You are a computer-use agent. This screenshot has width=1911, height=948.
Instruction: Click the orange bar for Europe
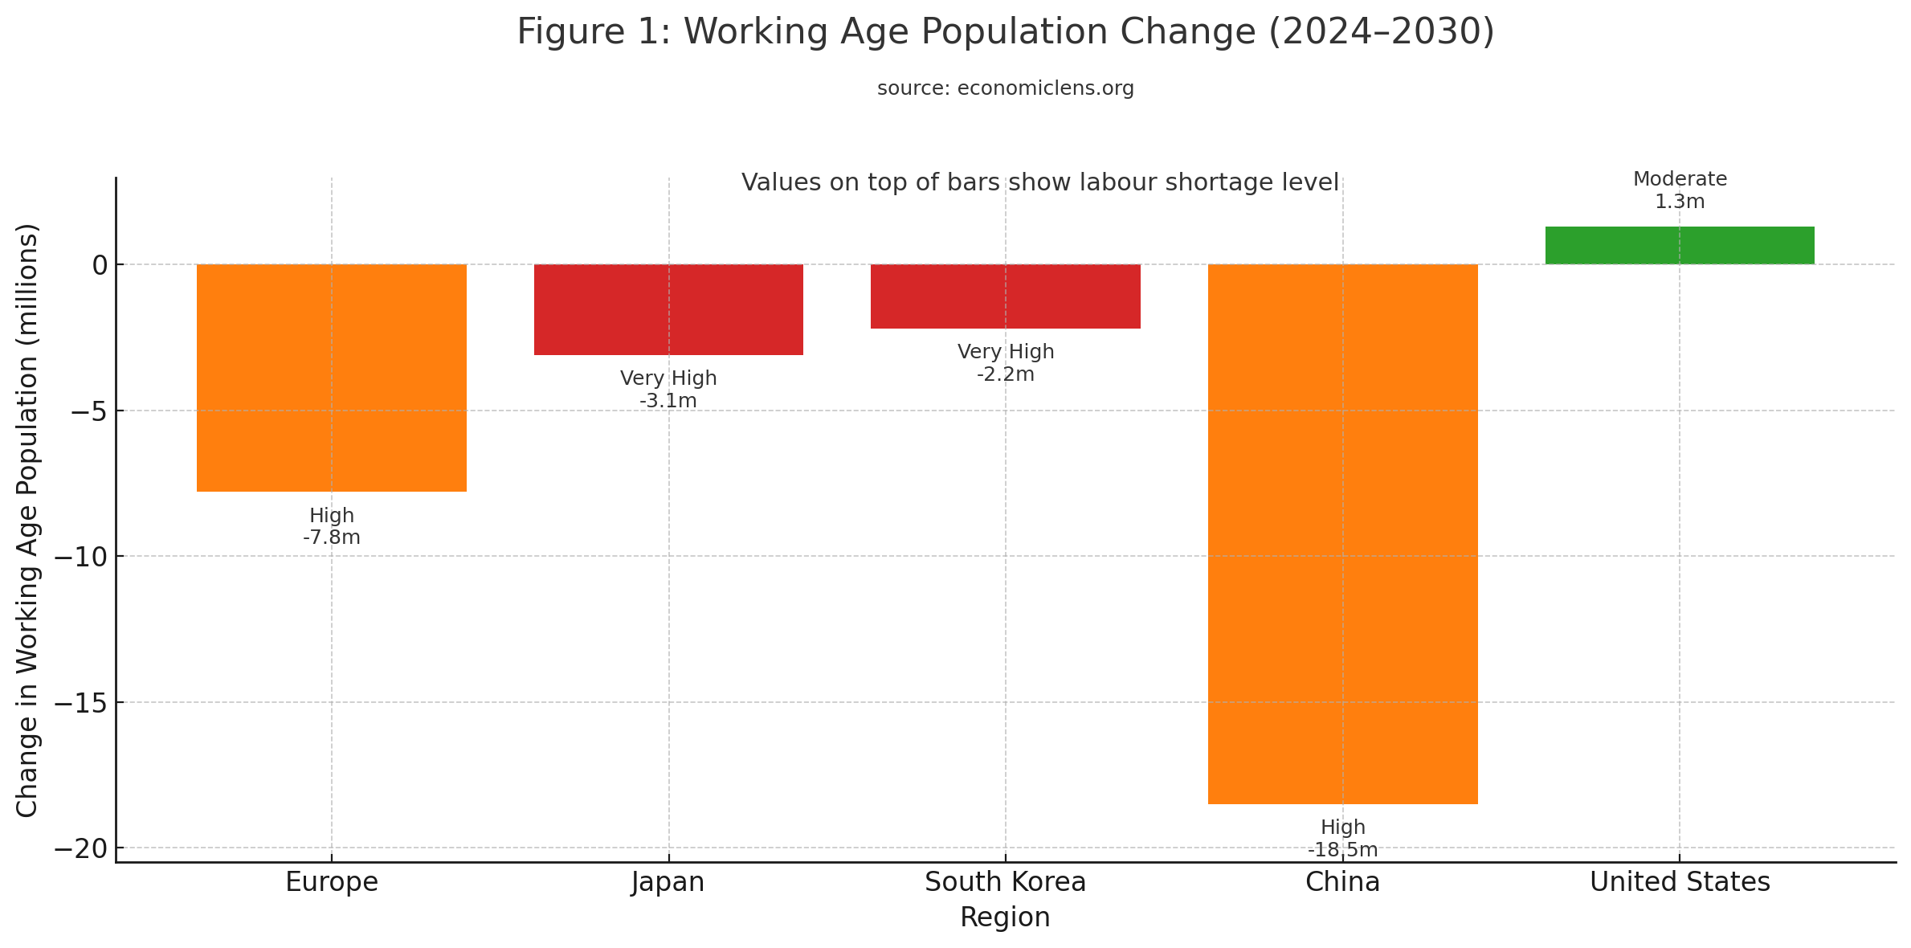pos(331,378)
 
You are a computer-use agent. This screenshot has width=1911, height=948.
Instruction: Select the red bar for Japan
pos(668,309)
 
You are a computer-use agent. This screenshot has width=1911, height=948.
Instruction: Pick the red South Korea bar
pos(1005,296)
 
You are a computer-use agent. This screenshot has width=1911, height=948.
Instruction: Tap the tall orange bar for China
pos(1342,534)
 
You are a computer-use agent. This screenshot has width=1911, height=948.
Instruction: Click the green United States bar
pos(1680,246)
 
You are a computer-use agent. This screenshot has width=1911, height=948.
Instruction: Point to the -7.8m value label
pos(331,537)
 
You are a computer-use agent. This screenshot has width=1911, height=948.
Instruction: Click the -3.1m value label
pos(668,400)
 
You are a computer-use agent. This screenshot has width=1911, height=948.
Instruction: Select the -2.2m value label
pos(1005,374)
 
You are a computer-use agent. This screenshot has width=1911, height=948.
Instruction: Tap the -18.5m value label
pos(1342,850)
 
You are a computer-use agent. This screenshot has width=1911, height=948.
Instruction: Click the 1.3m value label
pos(1680,202)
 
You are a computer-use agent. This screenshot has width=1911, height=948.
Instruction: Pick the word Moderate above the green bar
pos(1680,179)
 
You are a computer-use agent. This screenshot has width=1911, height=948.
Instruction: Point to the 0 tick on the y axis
pos(100,265)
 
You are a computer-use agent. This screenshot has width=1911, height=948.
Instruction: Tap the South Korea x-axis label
pos(1005,882)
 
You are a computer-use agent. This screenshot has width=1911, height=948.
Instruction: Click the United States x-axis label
pos(1680,882)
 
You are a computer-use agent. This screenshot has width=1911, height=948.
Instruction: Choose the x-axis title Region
pos(1005,917)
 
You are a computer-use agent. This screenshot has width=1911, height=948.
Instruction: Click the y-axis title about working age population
pos(27,521)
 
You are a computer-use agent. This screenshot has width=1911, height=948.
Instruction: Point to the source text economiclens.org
pos(1005,88)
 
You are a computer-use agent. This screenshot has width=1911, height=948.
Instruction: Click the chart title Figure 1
pos(1005,32)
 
